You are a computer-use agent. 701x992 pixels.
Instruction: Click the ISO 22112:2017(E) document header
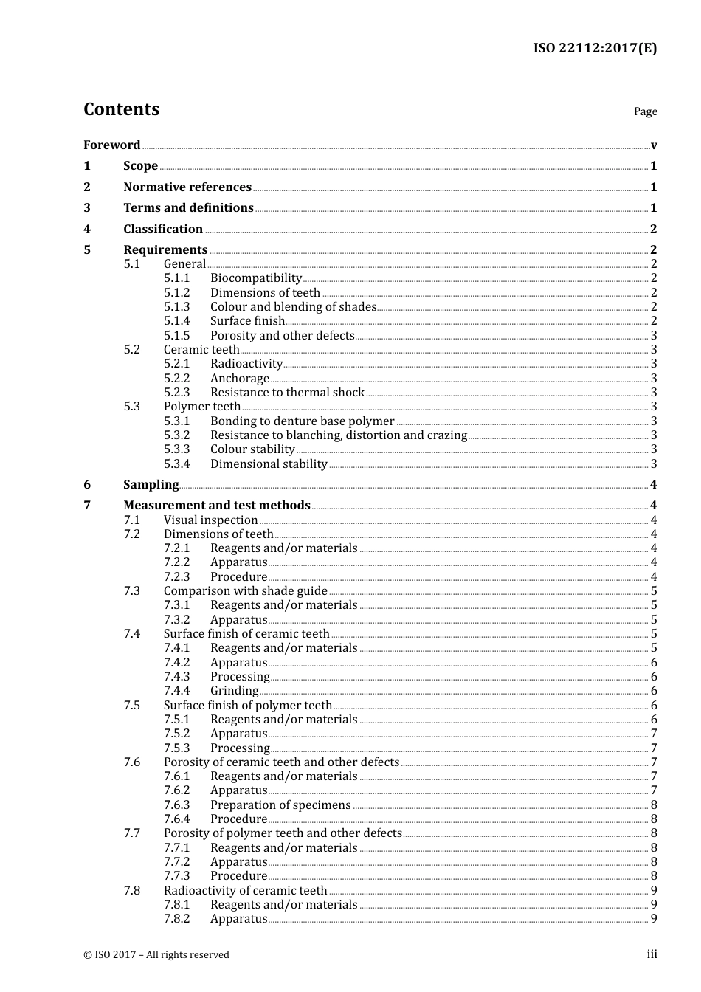pos(595,48)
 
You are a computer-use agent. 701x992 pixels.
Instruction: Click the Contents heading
pos(121,109)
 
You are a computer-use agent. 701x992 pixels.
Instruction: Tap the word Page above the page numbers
pos(645,111)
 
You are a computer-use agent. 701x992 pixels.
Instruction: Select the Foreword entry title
pos(111,145)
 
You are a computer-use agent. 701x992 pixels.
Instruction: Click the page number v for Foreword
pos(654,145)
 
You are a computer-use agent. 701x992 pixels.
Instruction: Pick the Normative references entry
pos(187,187)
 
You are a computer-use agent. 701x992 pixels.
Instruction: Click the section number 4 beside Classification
pos(87,229)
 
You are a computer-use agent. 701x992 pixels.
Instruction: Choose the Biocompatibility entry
pos(255,278)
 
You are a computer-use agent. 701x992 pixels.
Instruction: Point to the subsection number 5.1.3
pos(176,306)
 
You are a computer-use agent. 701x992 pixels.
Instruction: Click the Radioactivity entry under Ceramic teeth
pos(246,363)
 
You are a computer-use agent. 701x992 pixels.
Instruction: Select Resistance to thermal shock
pos(287,392)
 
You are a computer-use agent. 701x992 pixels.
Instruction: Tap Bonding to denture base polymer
pos(302,421)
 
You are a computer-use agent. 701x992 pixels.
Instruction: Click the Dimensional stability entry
pos(269,464)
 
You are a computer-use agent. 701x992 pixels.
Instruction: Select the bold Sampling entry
pos(151,484)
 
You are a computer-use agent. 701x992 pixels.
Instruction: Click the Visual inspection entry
pos(210,520)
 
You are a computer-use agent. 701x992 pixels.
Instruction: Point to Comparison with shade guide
pos(245,590)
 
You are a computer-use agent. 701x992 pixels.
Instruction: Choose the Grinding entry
pos(234,690)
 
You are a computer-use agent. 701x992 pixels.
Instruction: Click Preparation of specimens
pos(280,805)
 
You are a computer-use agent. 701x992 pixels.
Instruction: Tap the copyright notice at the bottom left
pos(156,954)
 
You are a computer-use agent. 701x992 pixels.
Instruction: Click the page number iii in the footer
pos(652,954)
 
